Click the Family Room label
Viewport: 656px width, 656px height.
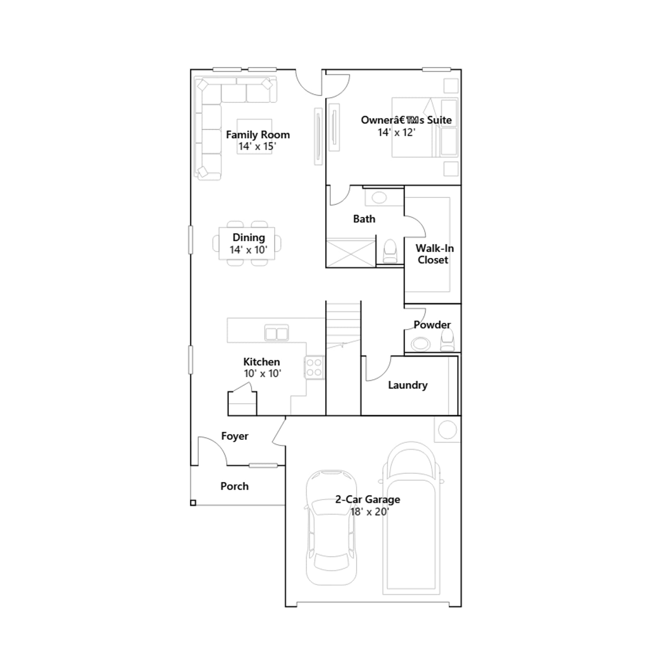tap(258, 135)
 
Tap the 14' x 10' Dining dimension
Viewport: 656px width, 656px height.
tap(248, 250)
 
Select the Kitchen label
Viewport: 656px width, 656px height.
tap(262, 362)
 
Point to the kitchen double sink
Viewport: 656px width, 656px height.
tap(277, 333)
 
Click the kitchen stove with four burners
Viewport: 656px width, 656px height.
tap(314, 367)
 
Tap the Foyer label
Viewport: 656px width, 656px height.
tap(235, 436)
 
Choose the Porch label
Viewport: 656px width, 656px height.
tap(235, 486)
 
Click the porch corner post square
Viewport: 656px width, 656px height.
tap(193, 503)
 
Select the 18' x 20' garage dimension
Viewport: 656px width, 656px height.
tap(369, 512)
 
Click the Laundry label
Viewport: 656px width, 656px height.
tap(408, 385)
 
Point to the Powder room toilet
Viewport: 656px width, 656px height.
tap(447, 341)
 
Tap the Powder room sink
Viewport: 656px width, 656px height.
tap(421, 344)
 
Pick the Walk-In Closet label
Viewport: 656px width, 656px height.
tap(434, 254)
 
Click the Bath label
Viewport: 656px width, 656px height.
tap(364, 219)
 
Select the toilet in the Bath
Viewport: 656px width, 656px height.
tap(390, 251)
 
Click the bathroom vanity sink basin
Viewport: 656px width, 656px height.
tap(379, 198)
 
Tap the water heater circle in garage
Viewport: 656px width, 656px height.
tap(447, 430)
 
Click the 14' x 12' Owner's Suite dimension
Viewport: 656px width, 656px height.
tap(396, 132)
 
